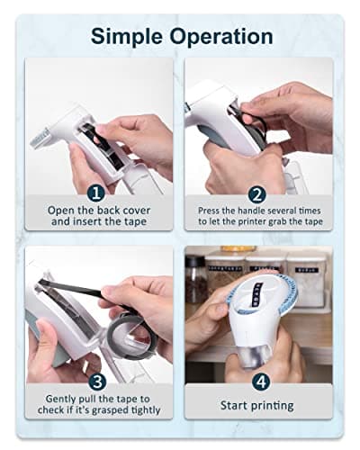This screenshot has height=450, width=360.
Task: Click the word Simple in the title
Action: (x=127, y=37)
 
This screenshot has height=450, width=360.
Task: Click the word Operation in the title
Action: (x=221, y=37)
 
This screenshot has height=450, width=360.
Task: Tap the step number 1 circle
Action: (x=95, y=193)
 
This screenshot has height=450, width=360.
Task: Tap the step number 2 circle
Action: (x=257, y=195)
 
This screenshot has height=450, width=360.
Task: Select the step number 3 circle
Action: (x=98, y=382)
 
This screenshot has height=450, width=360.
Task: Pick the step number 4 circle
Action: (x=261, y=382)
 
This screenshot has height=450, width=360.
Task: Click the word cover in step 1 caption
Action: (x=134, y=211)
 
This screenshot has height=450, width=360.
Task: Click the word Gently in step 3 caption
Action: (x=60, y=400)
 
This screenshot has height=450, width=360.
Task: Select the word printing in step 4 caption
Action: (x=272, y=406)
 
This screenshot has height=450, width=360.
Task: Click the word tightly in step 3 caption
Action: (x=146, y=410)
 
